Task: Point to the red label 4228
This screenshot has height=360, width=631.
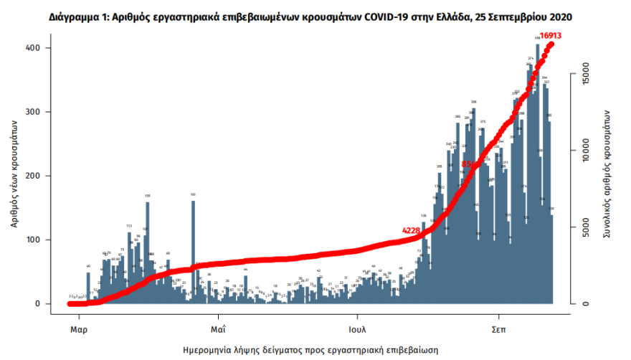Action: point(411,230)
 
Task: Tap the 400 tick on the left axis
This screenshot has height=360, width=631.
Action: point(34,48)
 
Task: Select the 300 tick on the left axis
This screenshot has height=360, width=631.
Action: point(34,112)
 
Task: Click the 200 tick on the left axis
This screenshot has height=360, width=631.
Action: point(34,176)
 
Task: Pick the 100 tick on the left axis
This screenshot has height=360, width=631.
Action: point(34,240)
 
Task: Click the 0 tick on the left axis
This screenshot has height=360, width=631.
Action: point(38,304)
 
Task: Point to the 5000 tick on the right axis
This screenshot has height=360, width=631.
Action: point(585,227)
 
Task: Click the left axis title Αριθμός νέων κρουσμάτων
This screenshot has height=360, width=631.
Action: point(14,174)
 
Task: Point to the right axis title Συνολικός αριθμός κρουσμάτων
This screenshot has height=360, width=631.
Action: point(607,174)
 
